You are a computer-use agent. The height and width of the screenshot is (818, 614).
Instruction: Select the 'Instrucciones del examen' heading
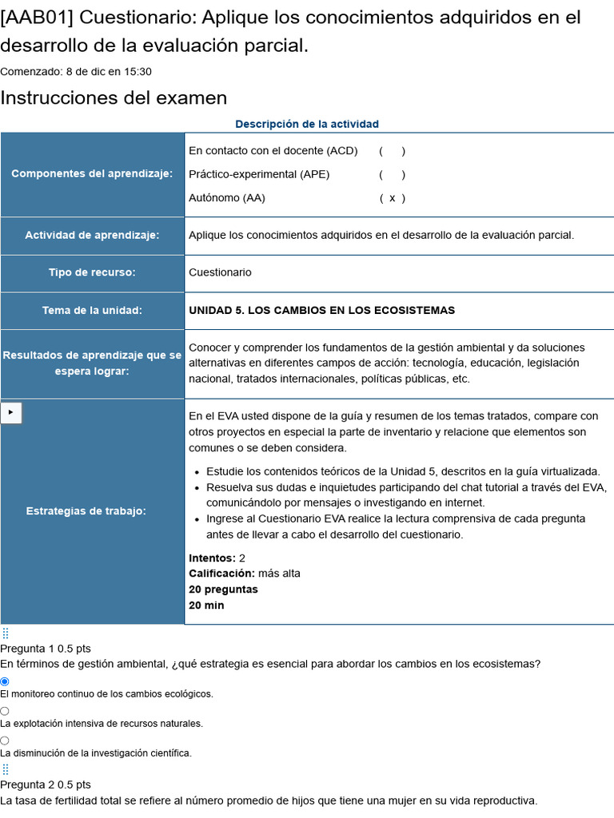(x=114, y=98)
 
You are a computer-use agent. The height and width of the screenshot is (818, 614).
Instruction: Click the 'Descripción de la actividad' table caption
(x=307, y=124)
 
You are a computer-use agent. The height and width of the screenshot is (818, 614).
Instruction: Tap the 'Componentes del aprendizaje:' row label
(x=92, y=174)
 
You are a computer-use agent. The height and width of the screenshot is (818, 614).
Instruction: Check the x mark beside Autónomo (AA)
(x=392, y=198)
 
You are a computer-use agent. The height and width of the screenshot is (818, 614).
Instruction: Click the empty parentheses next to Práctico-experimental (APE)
(x=392, y=174)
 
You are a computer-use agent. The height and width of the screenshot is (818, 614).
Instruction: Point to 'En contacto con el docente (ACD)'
(x=273, y=151)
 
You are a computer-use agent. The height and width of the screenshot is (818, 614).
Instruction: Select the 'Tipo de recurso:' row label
(x=92, y=272)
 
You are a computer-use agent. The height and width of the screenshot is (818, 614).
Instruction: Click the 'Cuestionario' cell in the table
(x=220, y=272)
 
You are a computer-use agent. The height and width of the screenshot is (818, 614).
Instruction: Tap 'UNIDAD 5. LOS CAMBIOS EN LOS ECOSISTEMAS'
(x=321, y=310)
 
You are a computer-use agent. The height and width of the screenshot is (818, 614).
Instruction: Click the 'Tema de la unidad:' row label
(x=92, y=310)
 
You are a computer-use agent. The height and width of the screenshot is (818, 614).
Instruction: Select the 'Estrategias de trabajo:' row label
(x=86, y=510)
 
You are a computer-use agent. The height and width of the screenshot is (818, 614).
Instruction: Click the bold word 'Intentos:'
(x=212, y=558)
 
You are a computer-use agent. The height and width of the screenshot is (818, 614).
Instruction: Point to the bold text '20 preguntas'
(x=223, y=590)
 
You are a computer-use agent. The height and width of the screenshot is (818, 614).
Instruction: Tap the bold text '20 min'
(x=206, y=606)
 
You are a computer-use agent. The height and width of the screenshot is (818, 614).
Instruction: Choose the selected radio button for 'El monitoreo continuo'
(x=5, y=681)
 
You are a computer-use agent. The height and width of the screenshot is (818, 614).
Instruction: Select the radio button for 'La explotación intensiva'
(x=5, y=711)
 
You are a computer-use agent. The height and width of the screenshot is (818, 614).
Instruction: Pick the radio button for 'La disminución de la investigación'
(x=5, y=741)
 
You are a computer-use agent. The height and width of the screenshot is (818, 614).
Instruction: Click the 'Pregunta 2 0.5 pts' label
(x=46, y=784)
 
